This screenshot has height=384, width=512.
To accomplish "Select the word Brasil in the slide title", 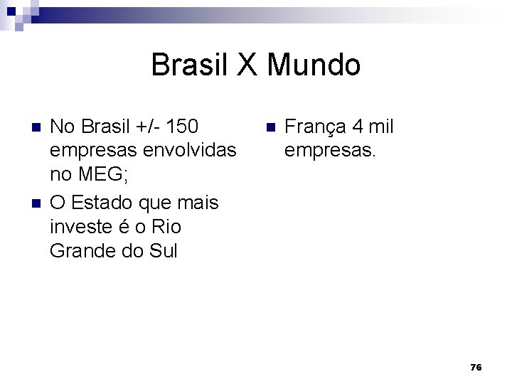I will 191,65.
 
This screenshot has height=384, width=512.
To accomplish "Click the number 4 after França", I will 357,127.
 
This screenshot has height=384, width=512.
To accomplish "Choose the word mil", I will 381,127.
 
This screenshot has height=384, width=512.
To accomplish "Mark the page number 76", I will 476,367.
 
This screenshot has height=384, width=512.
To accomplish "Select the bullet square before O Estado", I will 37,203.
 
